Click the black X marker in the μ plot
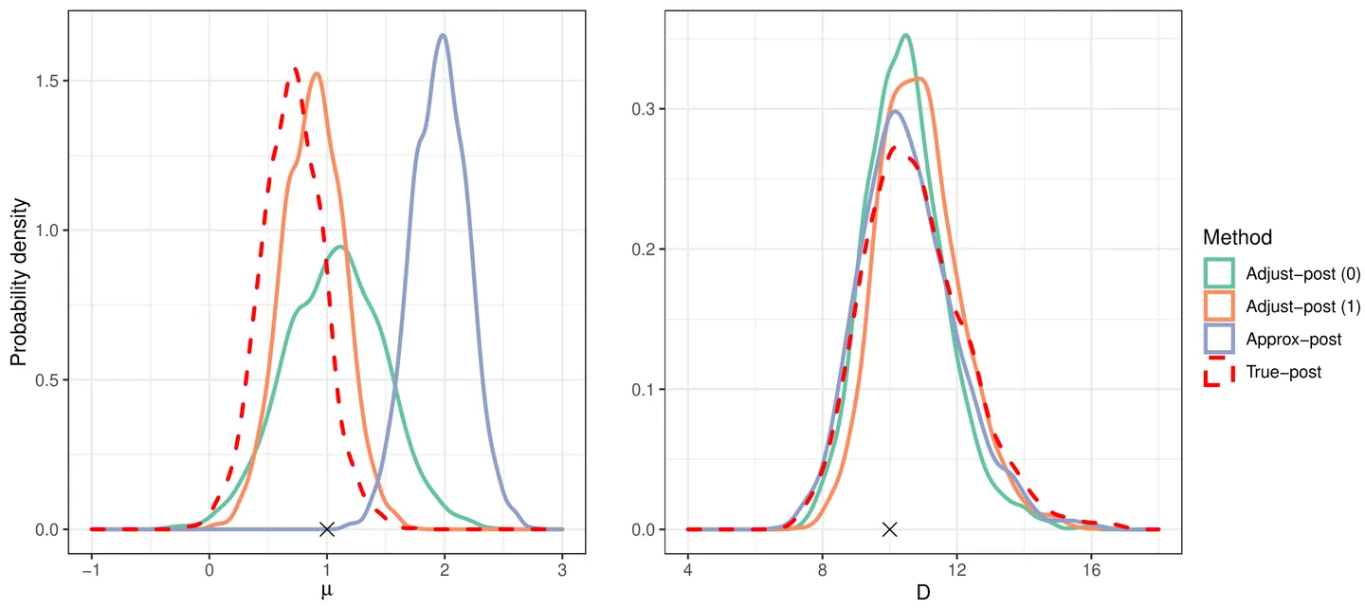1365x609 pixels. (327, 529)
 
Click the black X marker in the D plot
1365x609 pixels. (889, 529)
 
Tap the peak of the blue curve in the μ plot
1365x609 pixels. (443, 35)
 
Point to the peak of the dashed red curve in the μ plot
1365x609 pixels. (296, 68)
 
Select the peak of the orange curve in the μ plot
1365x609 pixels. (317, 73)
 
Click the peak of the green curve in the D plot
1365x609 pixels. (905, 35)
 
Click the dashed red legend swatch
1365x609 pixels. (1218, 372)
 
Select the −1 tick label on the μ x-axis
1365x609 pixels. (90, 572)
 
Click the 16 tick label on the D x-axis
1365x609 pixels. (1091, 572)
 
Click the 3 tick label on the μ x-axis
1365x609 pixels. (562, 572)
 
